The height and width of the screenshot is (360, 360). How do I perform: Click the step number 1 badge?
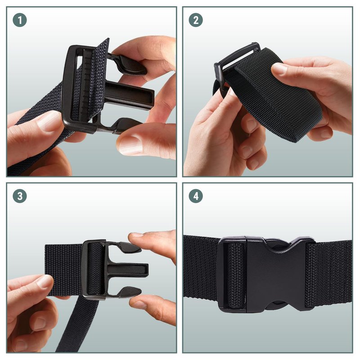pyautogui.click(x=20, y=20)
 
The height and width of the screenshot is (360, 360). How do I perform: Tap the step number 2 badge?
pyautogui.click(x=196, y=20)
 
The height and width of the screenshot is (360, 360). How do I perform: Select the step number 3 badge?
pyautogui.click(x=20, y=196)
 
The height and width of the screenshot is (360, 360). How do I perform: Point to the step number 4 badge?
pyautogui.click(x=196, y=196)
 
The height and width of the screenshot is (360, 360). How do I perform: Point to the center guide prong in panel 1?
pyautogui.click(x=130, y=94)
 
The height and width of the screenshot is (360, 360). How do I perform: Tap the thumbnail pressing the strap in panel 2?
pyautogui.click(x=279, y=68)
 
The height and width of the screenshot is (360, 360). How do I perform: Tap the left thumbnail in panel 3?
pyautogui.click(x=44, y=281)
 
